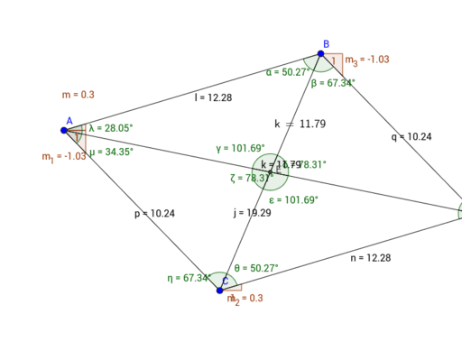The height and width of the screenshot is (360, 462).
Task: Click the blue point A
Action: [x=64, y=131]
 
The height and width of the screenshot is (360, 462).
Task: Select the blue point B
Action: [x=320, y=54]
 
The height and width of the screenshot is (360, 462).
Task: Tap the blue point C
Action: [x=220, y=290]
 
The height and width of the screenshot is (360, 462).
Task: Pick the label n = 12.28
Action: [x=370, y=258]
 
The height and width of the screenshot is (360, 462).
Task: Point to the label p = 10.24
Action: [x=153, y=214]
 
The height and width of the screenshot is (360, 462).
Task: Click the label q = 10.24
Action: [x=411, y=137]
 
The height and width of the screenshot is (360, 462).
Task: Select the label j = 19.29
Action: [x=252, y=213]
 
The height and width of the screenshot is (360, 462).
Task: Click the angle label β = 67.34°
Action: [x=333, y=83]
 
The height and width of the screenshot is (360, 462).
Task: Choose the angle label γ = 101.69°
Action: [x=240, y=148]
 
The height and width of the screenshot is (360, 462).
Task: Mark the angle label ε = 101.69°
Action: [x=293, y=199]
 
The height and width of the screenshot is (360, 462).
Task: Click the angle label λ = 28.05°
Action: [x=111, y=128]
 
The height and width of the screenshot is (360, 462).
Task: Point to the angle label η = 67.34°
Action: [x=189, y=278]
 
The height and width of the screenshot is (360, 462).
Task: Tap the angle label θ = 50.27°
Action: [x=256, y=268]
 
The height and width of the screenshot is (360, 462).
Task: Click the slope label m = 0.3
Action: [x=78, y=94]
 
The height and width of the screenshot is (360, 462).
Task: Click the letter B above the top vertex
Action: [x=326, y=43]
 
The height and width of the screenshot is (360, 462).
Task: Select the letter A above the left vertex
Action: [x=69, y=120]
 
